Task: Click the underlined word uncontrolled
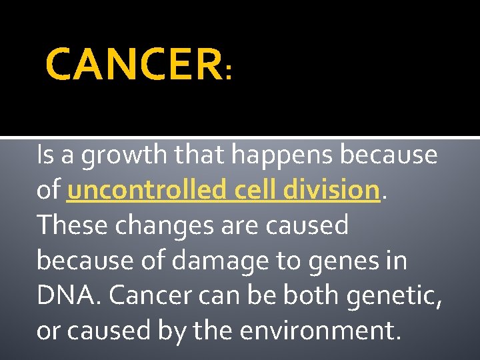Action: (x=148, y=191)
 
